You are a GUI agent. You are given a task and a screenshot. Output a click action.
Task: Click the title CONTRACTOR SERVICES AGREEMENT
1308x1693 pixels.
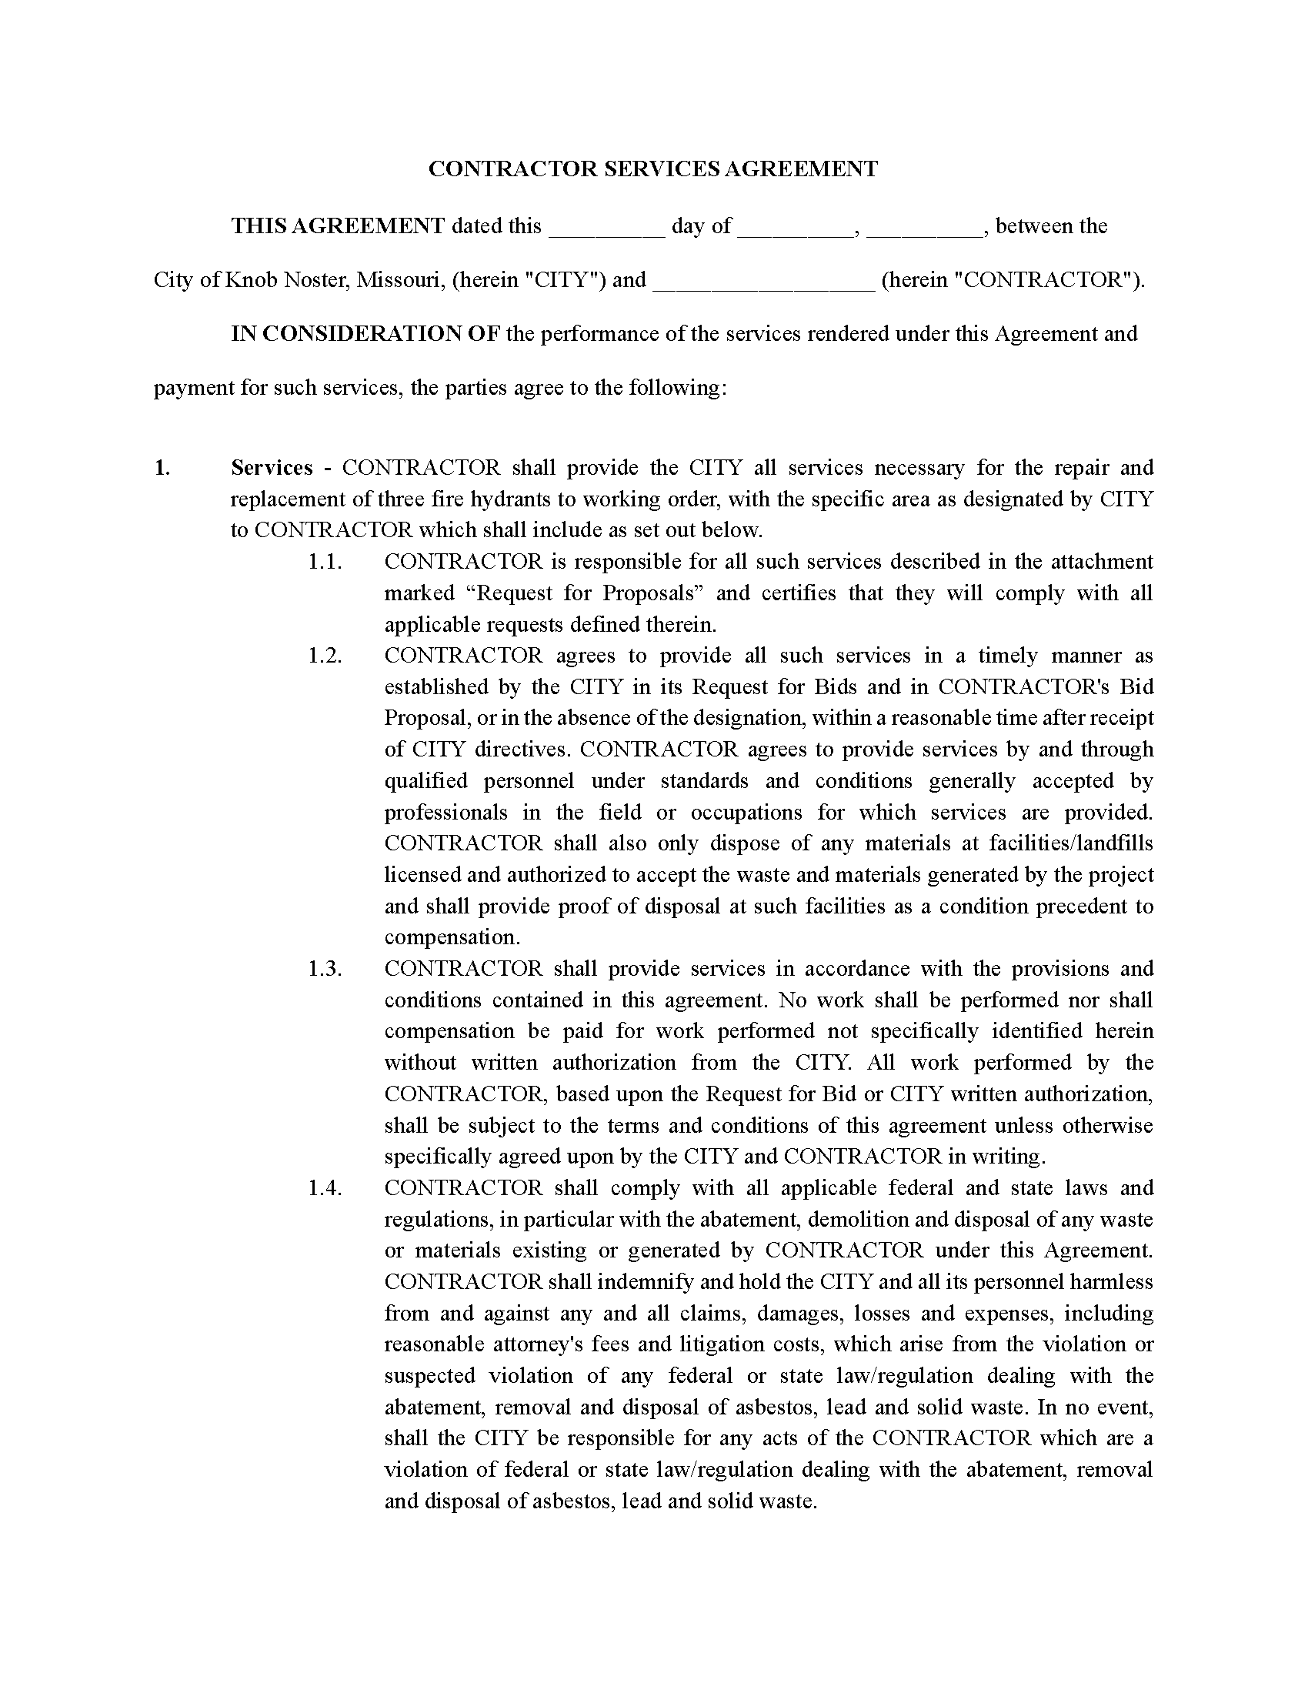(653, 169)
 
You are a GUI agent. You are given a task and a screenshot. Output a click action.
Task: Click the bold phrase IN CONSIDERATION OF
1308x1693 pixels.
(365, 334)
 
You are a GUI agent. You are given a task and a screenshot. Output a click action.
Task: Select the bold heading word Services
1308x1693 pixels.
(272, 467)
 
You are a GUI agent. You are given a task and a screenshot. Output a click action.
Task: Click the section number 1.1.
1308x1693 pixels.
(325, 561)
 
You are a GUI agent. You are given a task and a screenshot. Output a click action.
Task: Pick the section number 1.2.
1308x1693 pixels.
(325, 655)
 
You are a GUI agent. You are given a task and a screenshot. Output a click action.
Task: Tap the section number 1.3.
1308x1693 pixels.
(325, 968)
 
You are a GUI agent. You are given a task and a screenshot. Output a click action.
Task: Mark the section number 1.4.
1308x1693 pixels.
(325, 1187)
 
